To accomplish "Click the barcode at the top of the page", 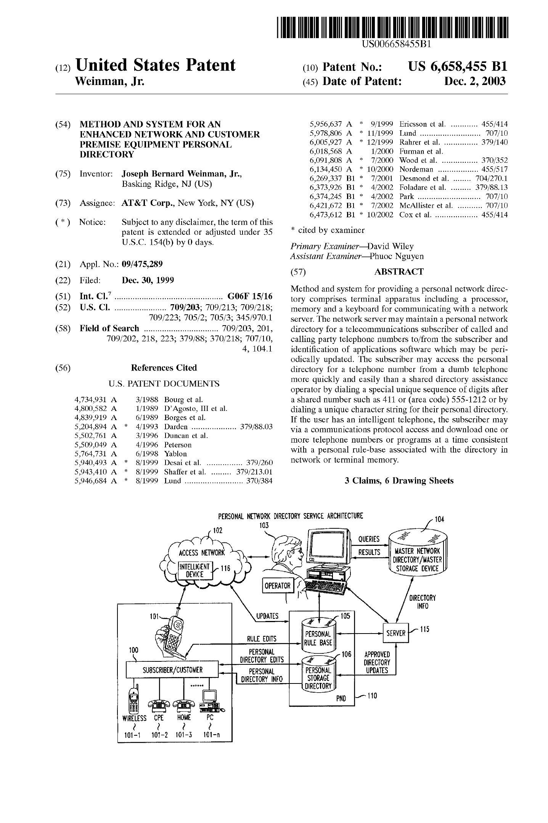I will click(395, 28).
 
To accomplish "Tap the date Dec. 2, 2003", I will click(475, 81).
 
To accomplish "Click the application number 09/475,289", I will click(142, 264).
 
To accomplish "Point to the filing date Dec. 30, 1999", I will click(148, 281).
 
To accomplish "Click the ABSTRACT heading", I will click(399, 272).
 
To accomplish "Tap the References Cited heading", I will click(164, 368).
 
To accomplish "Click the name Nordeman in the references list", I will click(416, 169).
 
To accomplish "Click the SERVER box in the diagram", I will click(395, 633).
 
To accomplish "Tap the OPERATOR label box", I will click(277, 586).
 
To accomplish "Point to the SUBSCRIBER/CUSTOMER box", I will click(172, 670).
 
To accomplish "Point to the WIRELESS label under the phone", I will click(134, 719).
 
